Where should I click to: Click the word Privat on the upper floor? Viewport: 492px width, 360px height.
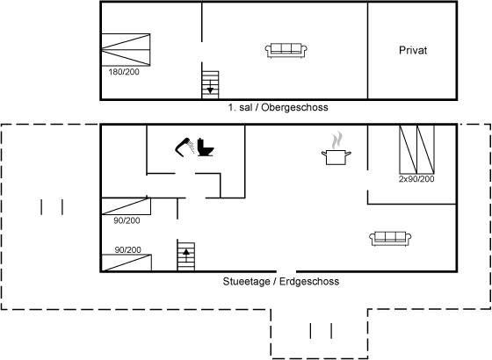pyautogui.click(x=413, y=50)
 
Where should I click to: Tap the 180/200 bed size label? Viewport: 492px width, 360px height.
pyautogui.click(x=124, y=72)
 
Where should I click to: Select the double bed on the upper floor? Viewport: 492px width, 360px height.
pyautogui.click(x=126, y=49)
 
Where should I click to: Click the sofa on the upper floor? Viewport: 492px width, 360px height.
pyautogui.click(x=286, y=50)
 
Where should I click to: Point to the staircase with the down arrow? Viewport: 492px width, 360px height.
pyautogui.click(x=210, y=84)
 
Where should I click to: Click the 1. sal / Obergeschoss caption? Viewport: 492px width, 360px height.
pyautogui.click(x=278, y=107)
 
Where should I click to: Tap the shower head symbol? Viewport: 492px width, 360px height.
pyautogui.click(x=184, y=147)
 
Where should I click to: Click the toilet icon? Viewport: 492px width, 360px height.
pyautogui.click(x=206, y=148)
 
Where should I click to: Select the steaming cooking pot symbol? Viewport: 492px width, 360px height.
pyautogui.click(x=336, y=148)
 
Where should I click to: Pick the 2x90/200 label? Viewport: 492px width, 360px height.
pyautogui.click(x=416, y=179)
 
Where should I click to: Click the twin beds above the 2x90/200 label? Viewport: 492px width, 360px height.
pyautogui.click(x=416, y=149)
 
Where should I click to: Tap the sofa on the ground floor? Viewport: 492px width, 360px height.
pyautogui.click(x=390, y=239)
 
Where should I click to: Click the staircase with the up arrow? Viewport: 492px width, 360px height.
pyautogui.click(x=186, y=256)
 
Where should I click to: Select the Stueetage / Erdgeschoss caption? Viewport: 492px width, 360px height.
pyautogui.click(x=281, y=281)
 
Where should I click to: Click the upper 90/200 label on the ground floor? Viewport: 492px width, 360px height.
pyautogui.click(x=127, y=220)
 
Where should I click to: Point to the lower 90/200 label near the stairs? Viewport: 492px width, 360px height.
pyautogui.click(x=127, y=249)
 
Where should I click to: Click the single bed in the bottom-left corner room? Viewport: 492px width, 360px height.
pyautogui.click(x=127, y=263)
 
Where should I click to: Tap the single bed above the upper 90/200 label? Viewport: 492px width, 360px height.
pyautogui.click(x=126, y=206)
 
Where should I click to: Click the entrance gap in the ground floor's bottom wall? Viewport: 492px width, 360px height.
pyautogui.click(x=286, y=271)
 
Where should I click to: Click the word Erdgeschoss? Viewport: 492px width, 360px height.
pyautogui.click(x=309, y=281)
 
